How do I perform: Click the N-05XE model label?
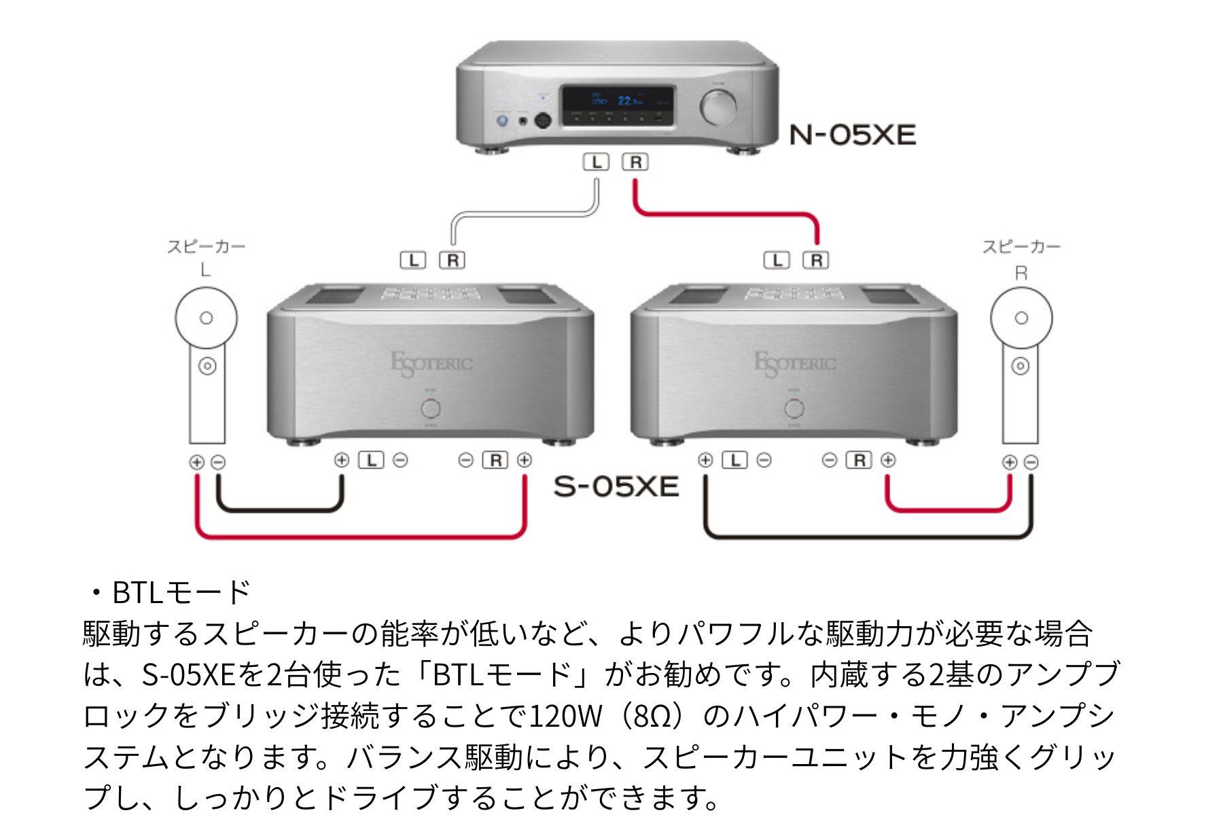click(x=852, y=135)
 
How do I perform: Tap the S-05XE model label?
click(x=616, y=486)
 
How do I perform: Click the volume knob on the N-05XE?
click(x=718, y=107)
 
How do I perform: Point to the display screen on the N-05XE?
click(x=617, y=105)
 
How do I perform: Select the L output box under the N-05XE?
click(x=597, y=162)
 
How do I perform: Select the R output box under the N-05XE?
click(x=635, y=162)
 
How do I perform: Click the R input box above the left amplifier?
click(x=452, y=260)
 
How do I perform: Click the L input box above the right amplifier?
click(x=777, y=260)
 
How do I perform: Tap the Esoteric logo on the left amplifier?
click(x=431, y=363)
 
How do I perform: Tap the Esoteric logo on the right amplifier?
click(x=794, y=363)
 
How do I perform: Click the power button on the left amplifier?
click(x=430, y=408)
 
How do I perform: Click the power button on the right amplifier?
click(x=794, y=408)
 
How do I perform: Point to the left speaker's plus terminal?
click(x=196, y=463)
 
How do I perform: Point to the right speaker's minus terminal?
click(x=1031, y=463)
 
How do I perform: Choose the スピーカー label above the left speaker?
click(x=206, y=247)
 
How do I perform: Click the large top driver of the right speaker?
click(x=1021, y=318)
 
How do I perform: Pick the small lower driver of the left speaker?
click(x=207, y=366)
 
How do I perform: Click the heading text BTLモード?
click(x=181, y=592)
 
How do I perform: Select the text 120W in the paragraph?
click(x=565, y=716)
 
